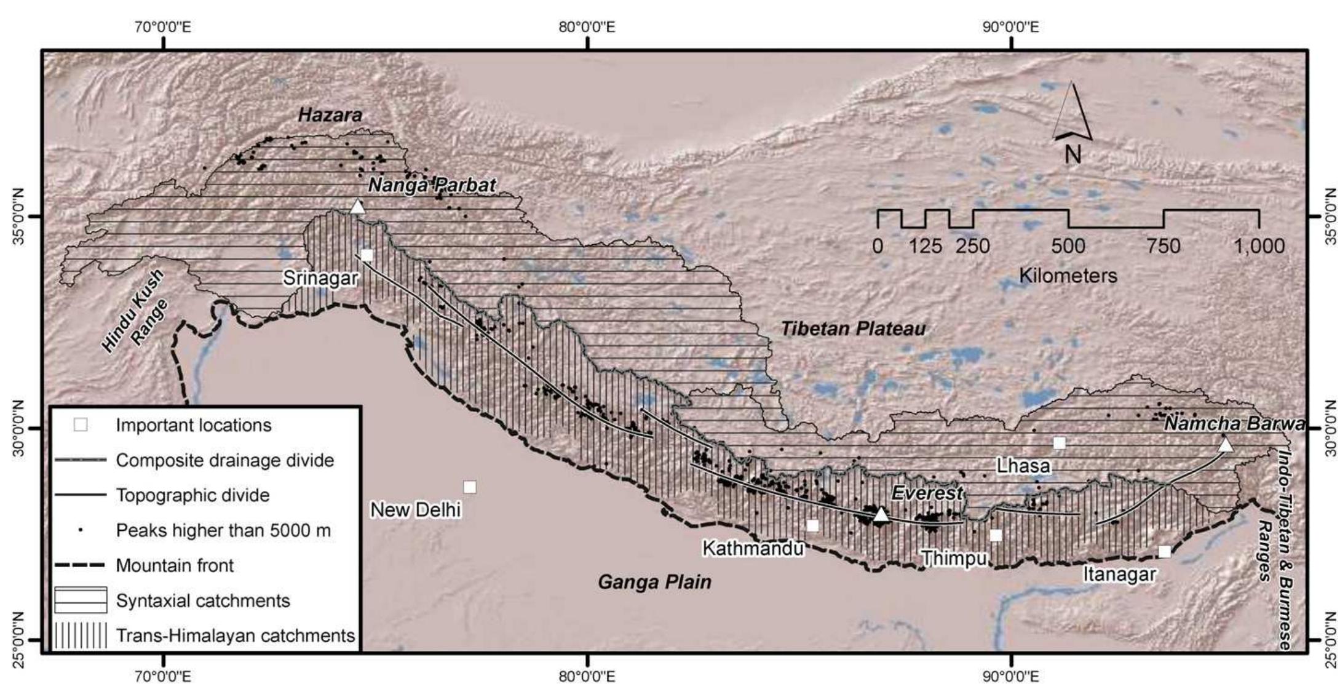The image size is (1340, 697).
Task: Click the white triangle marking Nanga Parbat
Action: click(x=357, y=207)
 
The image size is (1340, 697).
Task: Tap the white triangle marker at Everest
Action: click(x=881, y=515)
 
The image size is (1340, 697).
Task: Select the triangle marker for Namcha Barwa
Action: click(x=1225, y=445)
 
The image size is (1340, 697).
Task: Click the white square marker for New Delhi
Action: click(x=469, y=487)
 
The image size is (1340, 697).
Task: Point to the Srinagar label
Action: click(x=320, y=278)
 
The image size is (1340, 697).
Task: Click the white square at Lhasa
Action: click(x=1059, y=443)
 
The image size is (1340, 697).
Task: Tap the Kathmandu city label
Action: click(x=753, y=548)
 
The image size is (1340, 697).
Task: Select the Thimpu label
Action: click(x=953, y=558)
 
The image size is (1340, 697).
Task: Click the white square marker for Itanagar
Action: click(x=1164, y=551)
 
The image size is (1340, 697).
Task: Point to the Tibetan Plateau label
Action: click(x=852, y=329)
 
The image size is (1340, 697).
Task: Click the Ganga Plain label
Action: click(x=654, y=582)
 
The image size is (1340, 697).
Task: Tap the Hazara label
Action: click(x=330, y=115)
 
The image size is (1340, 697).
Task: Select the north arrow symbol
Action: click(x=1072, y=123)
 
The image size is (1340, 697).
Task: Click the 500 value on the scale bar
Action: click(x=1068, y=246)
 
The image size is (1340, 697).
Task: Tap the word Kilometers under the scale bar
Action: click(x=1068, y=275)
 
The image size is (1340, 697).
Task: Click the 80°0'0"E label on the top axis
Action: click(x=587, y=27)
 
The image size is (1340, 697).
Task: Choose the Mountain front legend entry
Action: click(x=175, y=565)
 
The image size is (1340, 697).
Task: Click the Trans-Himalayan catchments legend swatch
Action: click(x=81, y=635)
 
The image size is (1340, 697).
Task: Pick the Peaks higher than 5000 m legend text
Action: click(x=223, y=530)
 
